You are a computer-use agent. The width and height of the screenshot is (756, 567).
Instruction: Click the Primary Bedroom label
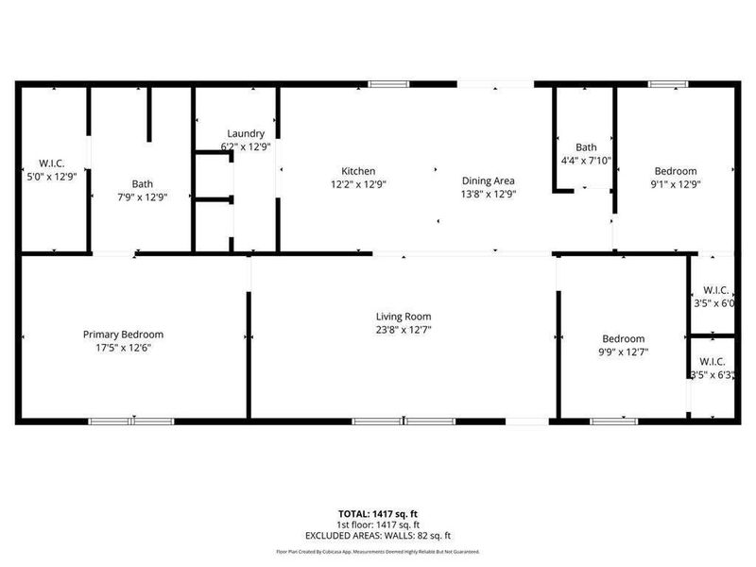coord(123,335)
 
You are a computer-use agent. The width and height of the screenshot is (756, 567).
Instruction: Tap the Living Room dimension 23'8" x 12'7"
coord(404,330)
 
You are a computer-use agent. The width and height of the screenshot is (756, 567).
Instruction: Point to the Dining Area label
coord(488,180)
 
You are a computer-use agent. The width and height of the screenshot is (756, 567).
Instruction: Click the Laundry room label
coord(246,133)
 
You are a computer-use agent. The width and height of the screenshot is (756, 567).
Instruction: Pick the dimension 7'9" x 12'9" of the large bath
coord(142,198)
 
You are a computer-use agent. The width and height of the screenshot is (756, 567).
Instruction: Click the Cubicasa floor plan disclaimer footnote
coord(378,551)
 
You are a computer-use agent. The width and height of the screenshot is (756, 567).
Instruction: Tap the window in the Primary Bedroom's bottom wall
coord(131,421)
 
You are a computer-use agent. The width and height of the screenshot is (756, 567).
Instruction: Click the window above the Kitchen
coord(383,84)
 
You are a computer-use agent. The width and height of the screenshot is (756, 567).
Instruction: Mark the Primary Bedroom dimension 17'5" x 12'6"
coord(123,348)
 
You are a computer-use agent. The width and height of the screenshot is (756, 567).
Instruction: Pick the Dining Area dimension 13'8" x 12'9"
coord(488,193)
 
